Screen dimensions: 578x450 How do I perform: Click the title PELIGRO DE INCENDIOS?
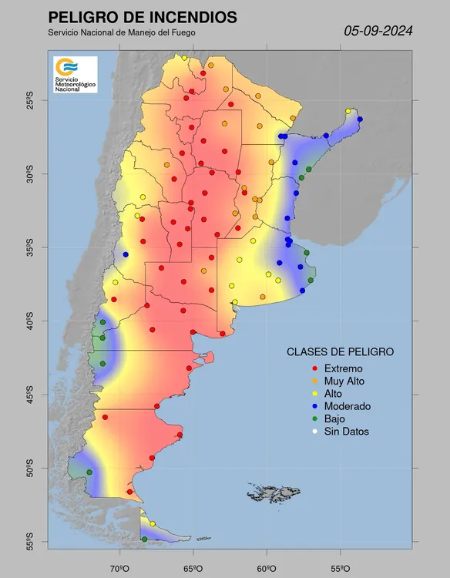[x=143, y=17]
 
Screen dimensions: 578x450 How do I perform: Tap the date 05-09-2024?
[x=378, y=32]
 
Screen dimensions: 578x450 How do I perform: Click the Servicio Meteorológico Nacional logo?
[x=75, y=75]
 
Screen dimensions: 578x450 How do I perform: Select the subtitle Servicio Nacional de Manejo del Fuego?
[x=121, y=32]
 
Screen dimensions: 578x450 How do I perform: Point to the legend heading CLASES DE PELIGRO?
[x=340, y=351]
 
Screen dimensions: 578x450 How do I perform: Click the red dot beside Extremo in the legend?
[x=305, y=368]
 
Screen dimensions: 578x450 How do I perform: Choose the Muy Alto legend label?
[x=344, y=381]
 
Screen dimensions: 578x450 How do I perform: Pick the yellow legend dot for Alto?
[x=305, y=394]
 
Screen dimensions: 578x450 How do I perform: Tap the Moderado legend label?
[x=348, y=406]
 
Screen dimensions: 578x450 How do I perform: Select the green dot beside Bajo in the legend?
[x=305, y=419]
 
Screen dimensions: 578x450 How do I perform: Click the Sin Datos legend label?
[x=346, y=432]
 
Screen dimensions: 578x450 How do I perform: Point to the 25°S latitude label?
[x=29, y=99]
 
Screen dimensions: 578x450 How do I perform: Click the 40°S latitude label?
[x=29, y=321]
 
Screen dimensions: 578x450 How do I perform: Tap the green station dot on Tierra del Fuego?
[x=144, y=539]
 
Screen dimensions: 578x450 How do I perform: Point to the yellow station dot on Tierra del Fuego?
[x=153, y=524]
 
